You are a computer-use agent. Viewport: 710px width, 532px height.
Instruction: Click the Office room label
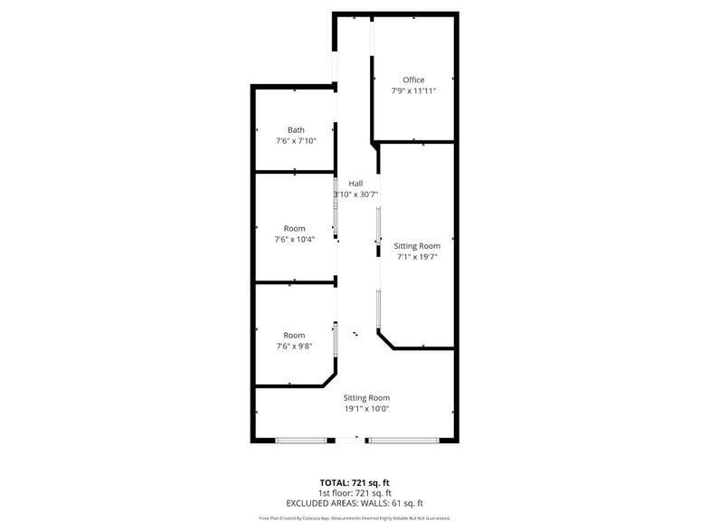(413, 80)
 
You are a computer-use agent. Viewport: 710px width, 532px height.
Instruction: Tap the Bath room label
(296, 129)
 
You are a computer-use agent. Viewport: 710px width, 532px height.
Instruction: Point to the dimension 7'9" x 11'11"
(413, 91)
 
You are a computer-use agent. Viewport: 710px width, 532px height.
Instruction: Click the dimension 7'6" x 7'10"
(296, 141)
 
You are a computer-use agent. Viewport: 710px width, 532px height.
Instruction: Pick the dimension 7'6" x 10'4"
(295, 240)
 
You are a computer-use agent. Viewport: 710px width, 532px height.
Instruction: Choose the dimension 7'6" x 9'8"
(295, 347)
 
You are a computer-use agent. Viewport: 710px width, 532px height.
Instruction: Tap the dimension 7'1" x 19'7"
(417, 257)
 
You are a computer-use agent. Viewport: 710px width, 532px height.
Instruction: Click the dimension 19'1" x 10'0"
(366, 409)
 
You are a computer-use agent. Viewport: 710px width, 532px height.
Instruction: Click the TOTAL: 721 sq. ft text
(355, 482)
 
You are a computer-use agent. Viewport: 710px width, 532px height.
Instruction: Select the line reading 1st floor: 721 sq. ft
(355, 492)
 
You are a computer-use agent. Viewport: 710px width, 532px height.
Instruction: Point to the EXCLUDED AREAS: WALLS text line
(355, 503)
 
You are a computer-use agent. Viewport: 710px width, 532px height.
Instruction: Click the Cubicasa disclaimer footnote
(355, 518)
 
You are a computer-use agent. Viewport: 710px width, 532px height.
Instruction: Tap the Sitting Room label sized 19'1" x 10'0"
(366, 397)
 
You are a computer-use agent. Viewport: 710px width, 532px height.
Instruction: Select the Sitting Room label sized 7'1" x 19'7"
(417, 245)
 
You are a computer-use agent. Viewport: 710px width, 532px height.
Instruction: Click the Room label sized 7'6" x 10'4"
(295, 228)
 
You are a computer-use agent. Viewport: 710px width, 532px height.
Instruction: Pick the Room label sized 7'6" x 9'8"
(295, 335)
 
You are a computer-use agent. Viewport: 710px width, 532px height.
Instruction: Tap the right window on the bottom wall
(403, 441)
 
